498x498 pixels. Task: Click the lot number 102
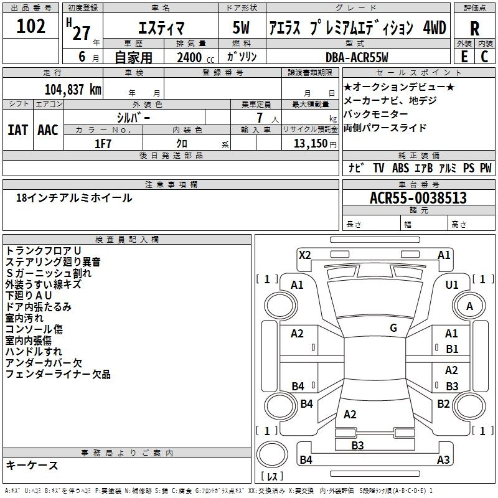click(31, 27)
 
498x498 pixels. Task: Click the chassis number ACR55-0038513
click(418, 198)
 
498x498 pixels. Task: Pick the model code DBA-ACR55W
click(357, 57)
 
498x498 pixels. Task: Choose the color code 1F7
click(103, 143)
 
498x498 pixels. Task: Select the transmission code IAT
click(17, 129)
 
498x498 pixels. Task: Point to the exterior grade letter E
click(464, 57)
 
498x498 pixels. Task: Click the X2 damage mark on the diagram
click(304, 255)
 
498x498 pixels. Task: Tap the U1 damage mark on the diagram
click(451, 284)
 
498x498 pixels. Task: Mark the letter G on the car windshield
click(393, 328)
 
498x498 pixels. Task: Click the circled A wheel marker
click(469, 306)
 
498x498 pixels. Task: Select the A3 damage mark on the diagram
click(443, 460)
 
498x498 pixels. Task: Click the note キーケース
click(32, 465)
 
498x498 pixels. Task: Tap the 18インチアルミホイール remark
click(74, 198)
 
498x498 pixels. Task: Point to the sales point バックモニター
click(376, 114)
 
